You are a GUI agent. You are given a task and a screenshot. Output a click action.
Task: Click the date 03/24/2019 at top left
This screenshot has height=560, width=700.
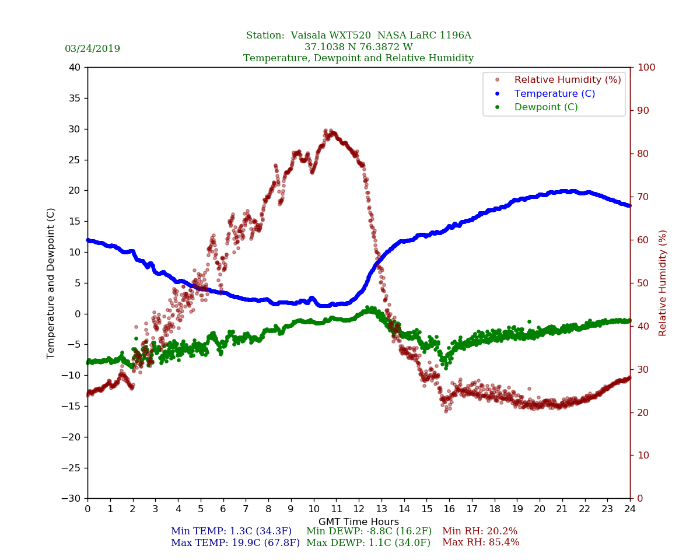click(92, 49)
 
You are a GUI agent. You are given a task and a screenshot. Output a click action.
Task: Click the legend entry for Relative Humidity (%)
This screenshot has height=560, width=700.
click(567, 79)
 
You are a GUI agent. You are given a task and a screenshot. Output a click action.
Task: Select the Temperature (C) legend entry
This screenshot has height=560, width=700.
click(554, 93)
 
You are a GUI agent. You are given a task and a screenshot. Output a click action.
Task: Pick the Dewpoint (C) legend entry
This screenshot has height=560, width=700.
click(546, 107)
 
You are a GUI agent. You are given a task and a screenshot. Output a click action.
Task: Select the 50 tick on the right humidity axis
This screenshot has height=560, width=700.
click(642, 283)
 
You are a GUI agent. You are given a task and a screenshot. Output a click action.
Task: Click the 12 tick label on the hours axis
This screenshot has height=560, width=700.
click(359, 509)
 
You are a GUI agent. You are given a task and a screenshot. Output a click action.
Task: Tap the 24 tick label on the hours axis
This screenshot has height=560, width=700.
click(630, 509)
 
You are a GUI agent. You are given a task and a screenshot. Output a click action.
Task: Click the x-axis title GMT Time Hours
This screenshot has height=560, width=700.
click(359, 522)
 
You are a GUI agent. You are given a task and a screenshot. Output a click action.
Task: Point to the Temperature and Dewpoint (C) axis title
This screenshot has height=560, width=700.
click(51, 283)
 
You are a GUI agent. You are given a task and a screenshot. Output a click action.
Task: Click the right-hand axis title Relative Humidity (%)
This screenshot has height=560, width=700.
click(663, 283)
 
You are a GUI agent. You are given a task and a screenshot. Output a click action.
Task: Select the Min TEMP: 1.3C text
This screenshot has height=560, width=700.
click(231, 531)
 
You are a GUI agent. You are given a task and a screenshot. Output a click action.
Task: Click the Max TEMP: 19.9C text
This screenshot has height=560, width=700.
click(235, 542)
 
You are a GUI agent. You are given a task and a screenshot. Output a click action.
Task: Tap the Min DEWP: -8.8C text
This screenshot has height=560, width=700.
click(369, 531)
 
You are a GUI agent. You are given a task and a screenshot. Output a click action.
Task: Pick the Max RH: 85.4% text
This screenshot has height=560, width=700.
click(481, 542)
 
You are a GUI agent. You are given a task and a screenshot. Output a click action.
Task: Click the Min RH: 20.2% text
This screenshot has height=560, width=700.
click(480, 531)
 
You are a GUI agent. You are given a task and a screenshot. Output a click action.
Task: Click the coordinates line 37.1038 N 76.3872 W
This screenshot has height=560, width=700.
click(359, 47)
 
